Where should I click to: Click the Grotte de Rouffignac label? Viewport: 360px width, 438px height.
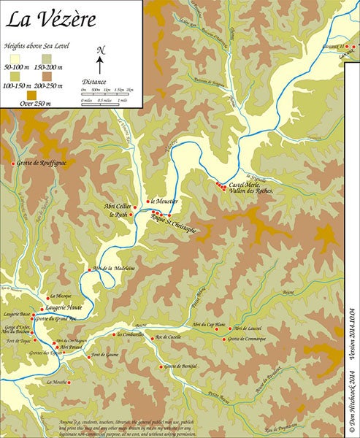pyautogui.click(x=42, y=163)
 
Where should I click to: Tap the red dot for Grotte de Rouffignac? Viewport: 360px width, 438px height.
pyautogui.click(x=13, y=163)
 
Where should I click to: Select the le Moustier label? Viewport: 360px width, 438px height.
pyautogui.click(x=165, y=201)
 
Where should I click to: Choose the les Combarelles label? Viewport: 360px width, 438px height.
pyautogui.click(x=129, y=334)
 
